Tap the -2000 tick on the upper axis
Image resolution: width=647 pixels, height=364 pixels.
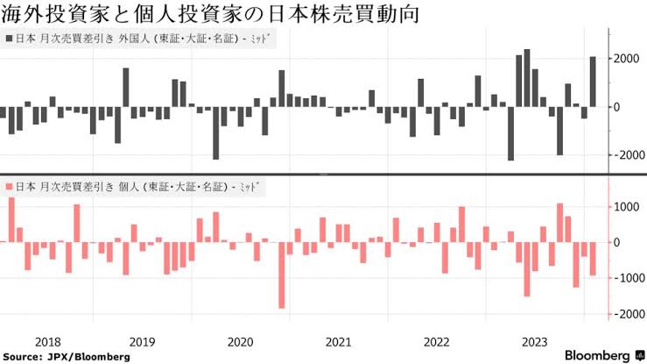tap(627, 155)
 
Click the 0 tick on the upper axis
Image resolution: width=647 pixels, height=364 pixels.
tap(618, 107)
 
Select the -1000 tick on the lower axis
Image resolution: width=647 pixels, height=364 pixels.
tap(627, 278)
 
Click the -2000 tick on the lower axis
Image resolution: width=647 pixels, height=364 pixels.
tap(627, 314)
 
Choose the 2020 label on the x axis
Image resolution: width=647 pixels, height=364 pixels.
tap(239, 341)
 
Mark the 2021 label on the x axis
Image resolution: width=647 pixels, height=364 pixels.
tap(338, 341)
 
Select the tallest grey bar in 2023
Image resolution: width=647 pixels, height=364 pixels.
tap(527, 78)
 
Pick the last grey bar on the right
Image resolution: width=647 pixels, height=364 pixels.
tap(593, 82)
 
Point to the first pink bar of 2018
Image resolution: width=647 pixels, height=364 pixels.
tap(11, 220)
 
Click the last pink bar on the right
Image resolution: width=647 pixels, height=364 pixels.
tap(593, 259)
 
